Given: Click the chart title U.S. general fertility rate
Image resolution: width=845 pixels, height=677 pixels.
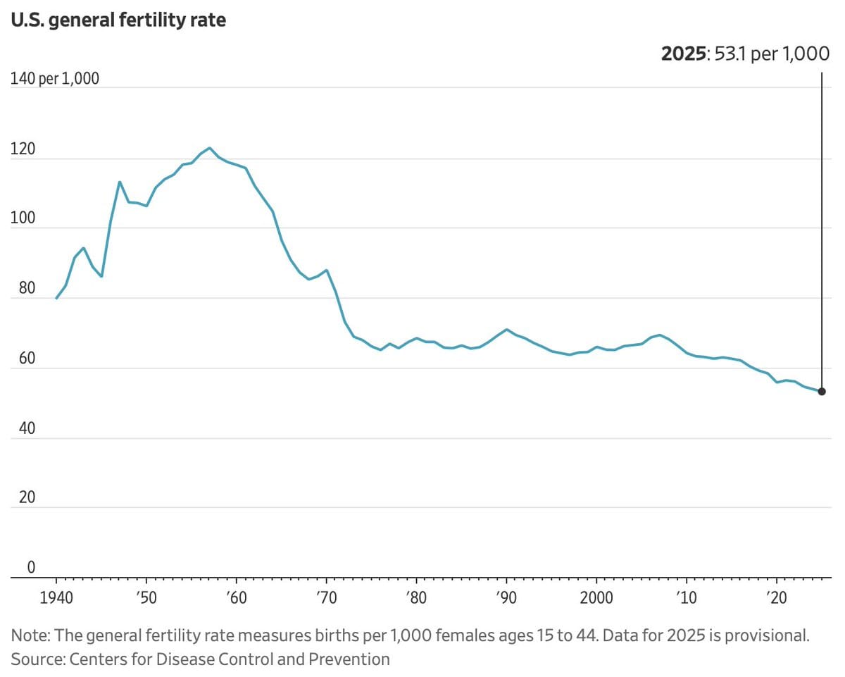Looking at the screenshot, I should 118,20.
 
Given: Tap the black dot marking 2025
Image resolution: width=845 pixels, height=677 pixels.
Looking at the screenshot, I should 821,392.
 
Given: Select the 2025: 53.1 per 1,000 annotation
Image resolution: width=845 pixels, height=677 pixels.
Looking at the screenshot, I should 745,54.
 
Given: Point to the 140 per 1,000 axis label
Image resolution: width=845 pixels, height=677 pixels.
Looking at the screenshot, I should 55,78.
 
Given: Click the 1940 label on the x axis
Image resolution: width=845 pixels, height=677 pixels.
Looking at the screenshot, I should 56,597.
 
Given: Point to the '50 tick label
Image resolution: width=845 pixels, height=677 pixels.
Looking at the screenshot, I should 146,597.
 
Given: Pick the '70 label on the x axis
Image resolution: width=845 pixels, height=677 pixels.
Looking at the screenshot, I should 326,597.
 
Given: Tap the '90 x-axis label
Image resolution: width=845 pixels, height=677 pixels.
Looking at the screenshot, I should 506,597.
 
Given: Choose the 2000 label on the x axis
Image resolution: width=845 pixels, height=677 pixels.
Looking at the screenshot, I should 596,597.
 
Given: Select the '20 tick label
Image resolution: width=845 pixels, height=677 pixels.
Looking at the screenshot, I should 776,597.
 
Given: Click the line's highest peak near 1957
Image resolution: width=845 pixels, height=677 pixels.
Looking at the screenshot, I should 209,148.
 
